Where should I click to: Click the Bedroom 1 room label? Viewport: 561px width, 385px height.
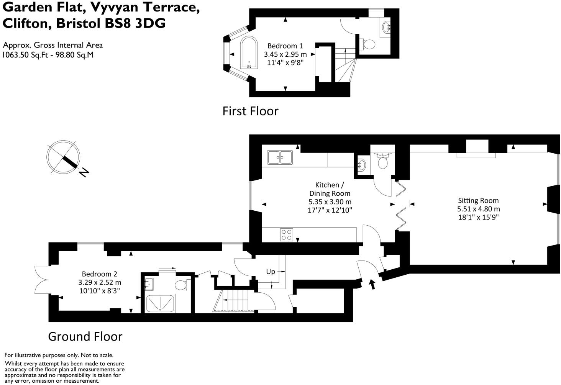[285, 46]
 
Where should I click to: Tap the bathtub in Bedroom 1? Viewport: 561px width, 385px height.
[249, 52]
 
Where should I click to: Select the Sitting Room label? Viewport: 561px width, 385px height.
[478, 200]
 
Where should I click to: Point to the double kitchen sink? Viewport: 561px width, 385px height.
[280, 157]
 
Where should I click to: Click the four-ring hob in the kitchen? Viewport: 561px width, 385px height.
[287, 235]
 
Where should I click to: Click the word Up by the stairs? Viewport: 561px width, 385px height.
[271, 272]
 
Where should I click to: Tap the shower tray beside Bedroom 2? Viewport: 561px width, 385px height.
[160, 303]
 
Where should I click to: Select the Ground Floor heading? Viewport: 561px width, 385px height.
[85, 336]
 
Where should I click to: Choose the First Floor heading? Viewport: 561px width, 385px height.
[251, 111]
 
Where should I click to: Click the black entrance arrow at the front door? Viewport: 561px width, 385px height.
[372, 284]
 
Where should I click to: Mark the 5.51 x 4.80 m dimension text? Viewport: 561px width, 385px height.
[478, 209]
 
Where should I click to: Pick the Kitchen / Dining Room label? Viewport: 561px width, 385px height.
[330, 189]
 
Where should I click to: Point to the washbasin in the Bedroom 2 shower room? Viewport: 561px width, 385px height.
[149, 284]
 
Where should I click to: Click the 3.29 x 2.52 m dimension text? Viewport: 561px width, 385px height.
[100, 282]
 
